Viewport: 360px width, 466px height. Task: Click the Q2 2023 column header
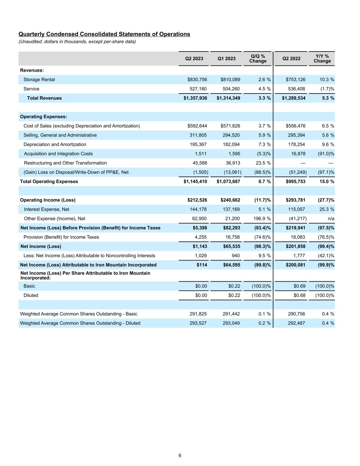coord(194,59)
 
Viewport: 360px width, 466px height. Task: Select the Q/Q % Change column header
coord(258,59)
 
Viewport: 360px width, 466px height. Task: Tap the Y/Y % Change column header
coord(322,59)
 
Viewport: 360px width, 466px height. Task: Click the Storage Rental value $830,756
coord(197,80)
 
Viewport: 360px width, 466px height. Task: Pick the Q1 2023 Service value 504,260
coord(231,89)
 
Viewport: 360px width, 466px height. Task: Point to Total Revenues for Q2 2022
coord(293,98)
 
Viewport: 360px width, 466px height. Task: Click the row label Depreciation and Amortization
coord(55,144)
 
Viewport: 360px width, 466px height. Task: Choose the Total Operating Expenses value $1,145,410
coord(195,181)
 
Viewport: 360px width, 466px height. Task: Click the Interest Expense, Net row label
coord(46,209)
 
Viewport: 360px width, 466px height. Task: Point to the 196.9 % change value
coord(262,218)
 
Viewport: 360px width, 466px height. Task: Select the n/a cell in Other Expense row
coord(331,218)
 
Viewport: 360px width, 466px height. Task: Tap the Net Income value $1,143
coord(200,246)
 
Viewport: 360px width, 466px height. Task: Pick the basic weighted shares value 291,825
coord(198,314)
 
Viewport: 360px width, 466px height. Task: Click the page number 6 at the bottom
coord(180,455)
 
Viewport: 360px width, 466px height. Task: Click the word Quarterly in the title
coord(32,34)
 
